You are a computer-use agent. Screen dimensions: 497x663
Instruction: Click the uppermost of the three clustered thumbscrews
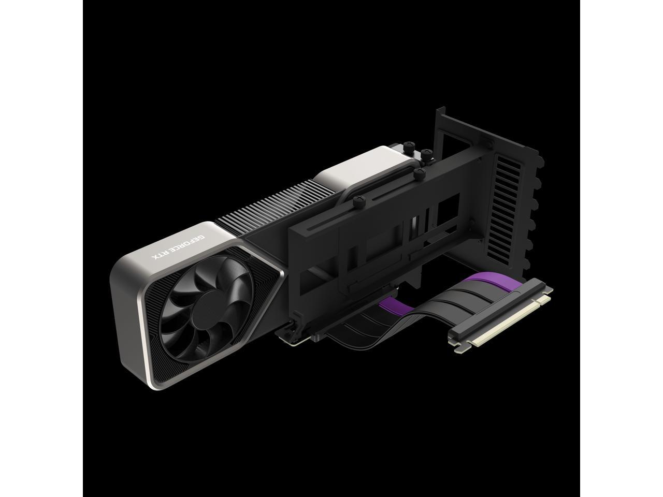click(x=426, y=153)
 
